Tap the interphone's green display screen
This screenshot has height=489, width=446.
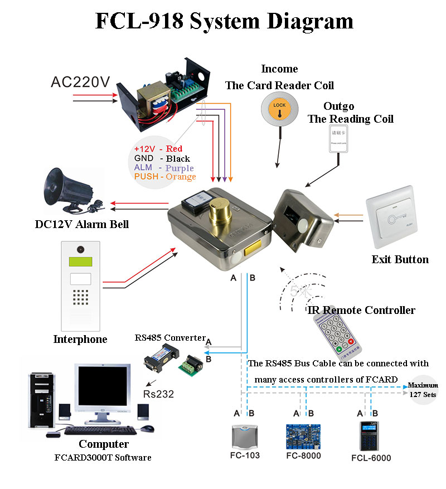tap(80, 262)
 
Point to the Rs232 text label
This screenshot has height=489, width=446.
tap(158, 394)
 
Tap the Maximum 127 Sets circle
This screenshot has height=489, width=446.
tap(423, 389)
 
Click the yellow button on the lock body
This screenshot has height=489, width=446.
tap(253, 248)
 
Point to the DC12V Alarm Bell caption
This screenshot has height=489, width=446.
tap(81, 224)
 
